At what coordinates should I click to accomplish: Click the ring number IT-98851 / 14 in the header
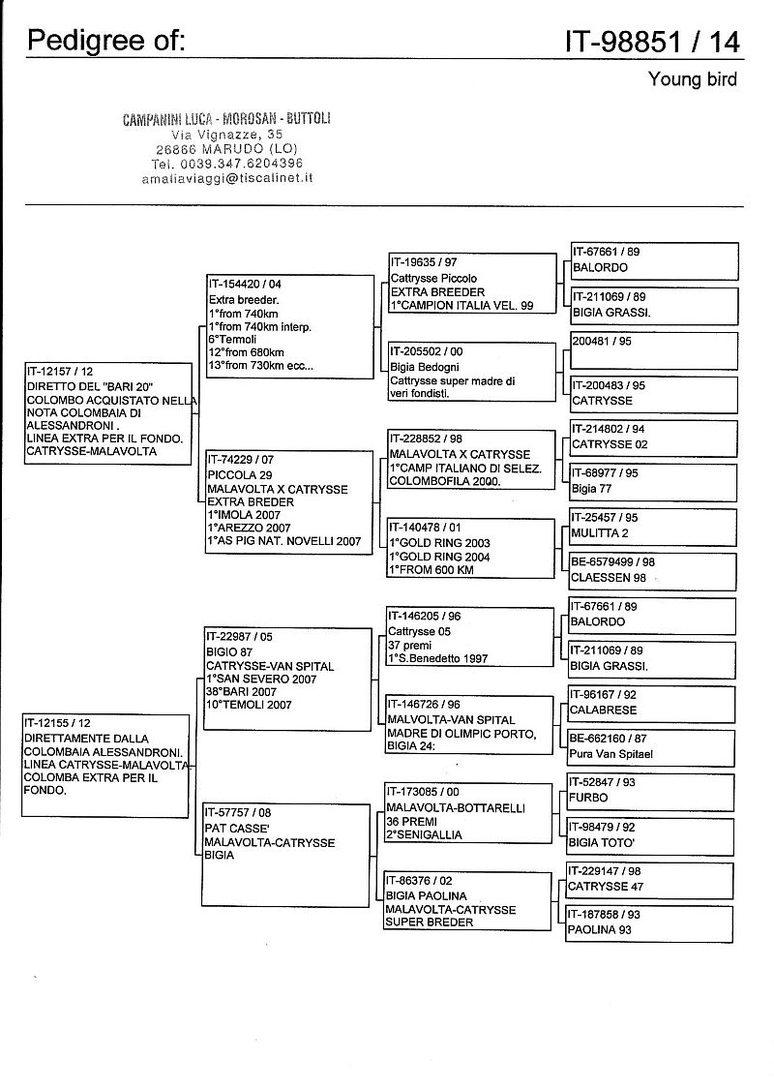(x=653, y=41)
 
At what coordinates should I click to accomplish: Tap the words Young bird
(x=693, y=79)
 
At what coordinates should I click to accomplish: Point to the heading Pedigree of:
(x=106, y=40)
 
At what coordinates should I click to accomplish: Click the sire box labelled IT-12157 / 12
(x=109, y=413)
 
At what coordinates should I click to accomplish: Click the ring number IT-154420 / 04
(x=245, y=285)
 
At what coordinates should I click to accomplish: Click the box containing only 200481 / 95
(x=654, y=348)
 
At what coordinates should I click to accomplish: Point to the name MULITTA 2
(x=601, y=533)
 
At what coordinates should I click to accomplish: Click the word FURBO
(x=590, y=798)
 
